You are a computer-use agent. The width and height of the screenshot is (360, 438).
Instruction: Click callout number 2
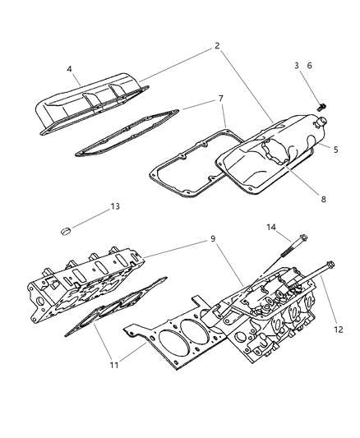(x=217, y=47)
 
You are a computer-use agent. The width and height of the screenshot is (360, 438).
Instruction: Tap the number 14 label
(x=270, y=227)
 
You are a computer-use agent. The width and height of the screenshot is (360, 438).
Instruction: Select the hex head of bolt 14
(x=303, y=240)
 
